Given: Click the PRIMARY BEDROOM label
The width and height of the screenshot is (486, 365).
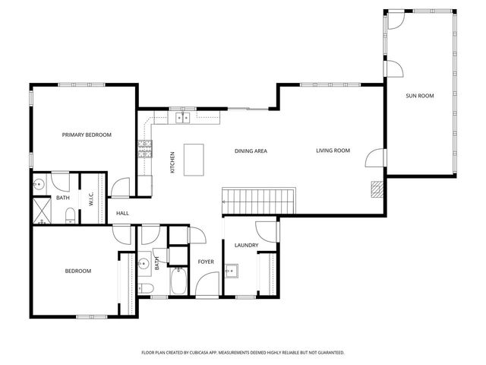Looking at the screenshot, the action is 87,135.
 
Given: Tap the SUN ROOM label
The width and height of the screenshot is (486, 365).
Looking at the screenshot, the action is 420,96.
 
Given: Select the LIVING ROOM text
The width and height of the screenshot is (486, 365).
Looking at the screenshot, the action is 333,151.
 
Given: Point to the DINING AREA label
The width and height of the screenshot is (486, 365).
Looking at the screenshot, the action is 251,151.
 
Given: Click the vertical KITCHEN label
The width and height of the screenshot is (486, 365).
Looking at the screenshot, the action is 172,162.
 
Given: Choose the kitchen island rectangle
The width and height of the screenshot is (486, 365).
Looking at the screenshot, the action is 194,160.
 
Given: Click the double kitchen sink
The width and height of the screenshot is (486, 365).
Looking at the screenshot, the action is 182,118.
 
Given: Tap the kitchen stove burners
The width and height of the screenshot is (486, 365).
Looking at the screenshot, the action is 145,149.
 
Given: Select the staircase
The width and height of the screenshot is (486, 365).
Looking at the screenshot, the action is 258,201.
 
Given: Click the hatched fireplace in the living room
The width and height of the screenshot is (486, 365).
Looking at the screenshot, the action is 377,189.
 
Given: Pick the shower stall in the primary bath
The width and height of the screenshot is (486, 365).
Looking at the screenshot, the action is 42,211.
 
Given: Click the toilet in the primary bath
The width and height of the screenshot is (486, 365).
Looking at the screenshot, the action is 71,216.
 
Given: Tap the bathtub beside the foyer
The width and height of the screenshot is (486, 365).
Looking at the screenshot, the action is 178,281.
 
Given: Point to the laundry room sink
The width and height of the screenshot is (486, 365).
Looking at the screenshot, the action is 232,271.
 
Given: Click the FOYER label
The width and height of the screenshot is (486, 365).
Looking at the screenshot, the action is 206,262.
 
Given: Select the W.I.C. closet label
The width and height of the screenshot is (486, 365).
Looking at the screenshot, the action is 91,198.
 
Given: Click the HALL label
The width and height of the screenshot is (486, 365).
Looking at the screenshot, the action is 122,213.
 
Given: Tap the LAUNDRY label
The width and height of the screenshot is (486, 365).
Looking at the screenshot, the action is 246,245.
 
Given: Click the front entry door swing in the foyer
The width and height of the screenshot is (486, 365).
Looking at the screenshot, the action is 207,284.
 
